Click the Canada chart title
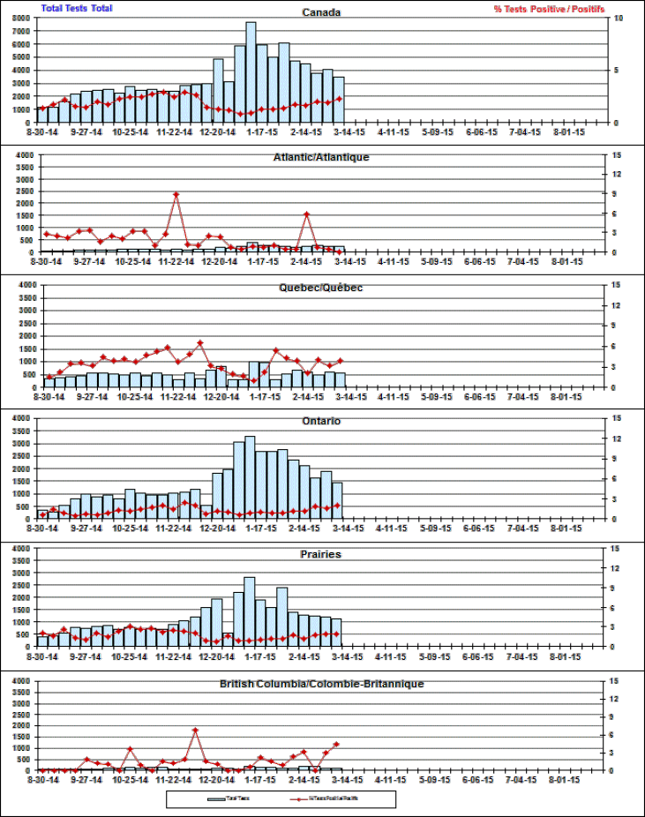point(321,12)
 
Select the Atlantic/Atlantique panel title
point(321,157)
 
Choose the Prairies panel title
point(321,554)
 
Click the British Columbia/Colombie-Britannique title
point(321,684)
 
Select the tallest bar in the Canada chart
point(251,71)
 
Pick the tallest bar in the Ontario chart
point(250,476)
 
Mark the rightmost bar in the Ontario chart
point(337,500)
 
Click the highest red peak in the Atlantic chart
point(176,194)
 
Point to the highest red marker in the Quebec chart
point(200,342)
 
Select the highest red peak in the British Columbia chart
point(195,731)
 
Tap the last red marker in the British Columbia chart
point(336,745)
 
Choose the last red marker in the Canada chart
point(339,99)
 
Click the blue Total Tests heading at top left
point(77,8)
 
